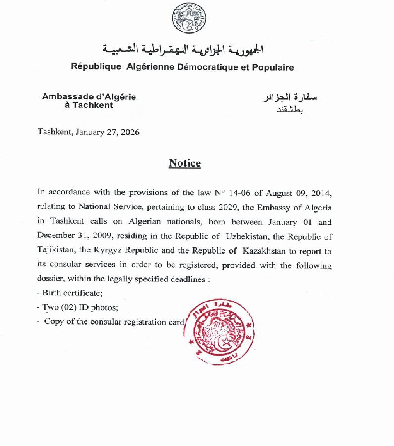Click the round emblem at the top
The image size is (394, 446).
[189, 18]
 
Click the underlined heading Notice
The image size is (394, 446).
[185, 163]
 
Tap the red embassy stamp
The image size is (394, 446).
[220, 332]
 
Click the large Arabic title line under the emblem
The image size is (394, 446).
[182, 50]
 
